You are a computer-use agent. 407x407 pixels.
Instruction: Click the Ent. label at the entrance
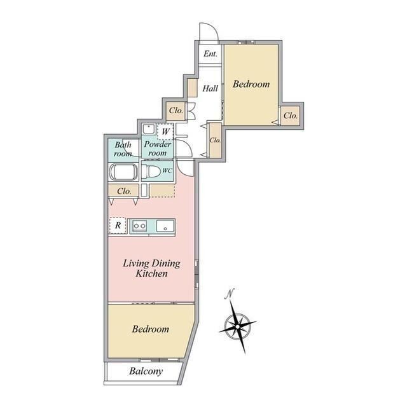tap(210, 53)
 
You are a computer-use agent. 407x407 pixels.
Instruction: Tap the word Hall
tap(210, 88)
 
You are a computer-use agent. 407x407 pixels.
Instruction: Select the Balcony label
tap(146, 371)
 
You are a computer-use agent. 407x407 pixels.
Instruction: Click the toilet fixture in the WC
tap(151, 171)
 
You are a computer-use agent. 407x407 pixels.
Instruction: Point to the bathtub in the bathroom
tap(123, 172)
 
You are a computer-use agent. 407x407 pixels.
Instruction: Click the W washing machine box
tap(165, 132)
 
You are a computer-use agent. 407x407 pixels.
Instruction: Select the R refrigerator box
tap(118, 225)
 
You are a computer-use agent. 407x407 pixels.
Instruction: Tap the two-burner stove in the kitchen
tap(139, 226)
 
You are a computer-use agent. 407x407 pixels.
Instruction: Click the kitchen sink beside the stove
tap(165, 226)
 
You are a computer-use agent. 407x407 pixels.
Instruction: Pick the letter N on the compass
tap(230, 294)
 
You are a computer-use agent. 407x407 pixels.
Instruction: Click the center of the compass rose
tap(237, 326)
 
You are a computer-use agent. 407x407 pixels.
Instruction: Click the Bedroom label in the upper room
tap(251, 84)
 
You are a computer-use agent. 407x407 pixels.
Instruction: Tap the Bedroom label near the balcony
tap(150, 329)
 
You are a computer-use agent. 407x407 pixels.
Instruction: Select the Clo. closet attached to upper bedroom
tap(291, 116)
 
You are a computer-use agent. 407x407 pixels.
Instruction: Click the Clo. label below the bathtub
tap(124, 191)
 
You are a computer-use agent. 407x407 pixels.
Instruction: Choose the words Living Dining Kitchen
tap(151, 268)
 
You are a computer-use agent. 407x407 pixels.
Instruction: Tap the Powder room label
tap(157, 148)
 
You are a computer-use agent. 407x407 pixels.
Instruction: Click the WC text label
tap(167, 171)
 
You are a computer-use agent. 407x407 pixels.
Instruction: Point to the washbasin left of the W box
tap(149, 129)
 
